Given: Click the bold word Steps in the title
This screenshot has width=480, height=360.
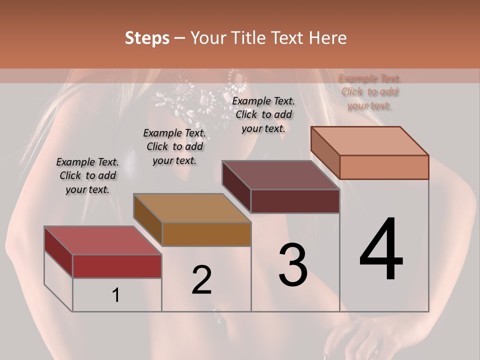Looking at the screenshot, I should [x=147, y=38].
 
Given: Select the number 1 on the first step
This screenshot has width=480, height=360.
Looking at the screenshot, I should [x=116, y=295].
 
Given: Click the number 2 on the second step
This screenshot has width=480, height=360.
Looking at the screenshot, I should [x=201, y=280].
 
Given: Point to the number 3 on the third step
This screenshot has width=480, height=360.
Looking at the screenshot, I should [x=293, y=265].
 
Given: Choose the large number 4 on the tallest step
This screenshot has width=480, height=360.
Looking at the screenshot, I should [x=381, y=250].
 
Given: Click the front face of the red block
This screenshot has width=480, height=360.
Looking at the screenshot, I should [x=117, y=266].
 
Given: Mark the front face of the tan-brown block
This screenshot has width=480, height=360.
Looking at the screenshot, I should [x=206, y=234].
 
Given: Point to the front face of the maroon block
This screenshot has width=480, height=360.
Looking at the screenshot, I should [x=295, y=201].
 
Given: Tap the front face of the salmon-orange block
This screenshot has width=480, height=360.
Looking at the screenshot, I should [x=384, y=167].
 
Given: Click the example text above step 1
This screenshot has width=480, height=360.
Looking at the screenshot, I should [x=87, y=175].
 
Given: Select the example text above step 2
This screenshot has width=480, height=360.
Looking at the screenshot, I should [x=174, y=146].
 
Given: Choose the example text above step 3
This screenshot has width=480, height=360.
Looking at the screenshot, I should [x=263, y=114].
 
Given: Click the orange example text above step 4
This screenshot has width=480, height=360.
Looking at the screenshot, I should [x=369, y=92].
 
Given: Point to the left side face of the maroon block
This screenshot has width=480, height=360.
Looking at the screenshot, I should [x=236, y=187].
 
